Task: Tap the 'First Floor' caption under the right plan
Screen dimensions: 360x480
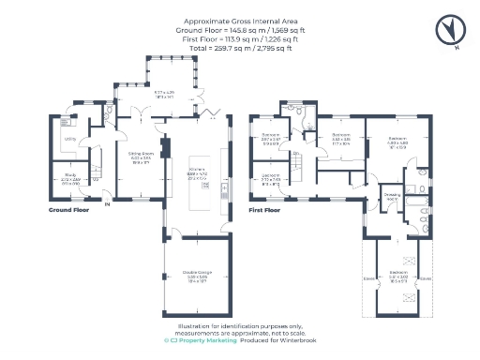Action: [265, 210]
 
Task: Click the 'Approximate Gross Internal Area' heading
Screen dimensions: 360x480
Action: [239, 20]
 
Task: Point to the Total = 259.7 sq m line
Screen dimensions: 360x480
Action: [239, 48]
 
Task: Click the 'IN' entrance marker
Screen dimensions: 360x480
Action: [108, 203]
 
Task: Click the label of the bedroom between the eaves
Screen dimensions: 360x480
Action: [397, 276]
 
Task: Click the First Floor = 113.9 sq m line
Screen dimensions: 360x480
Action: [239, 38]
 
